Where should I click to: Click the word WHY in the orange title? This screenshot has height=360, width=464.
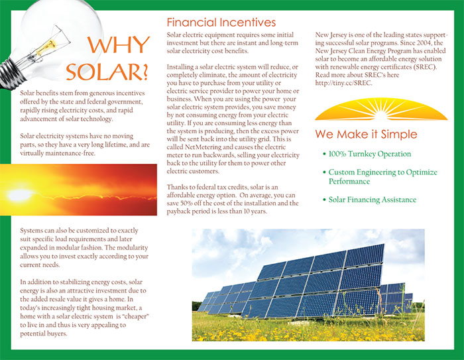pyautogui.click(x=119, y=44)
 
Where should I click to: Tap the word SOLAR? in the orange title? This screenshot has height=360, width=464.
pyautogui.click(x=107, y=72)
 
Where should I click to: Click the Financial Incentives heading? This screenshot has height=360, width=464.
pyautogui.click(x=221, y=22)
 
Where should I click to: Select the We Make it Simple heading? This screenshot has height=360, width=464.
pyautogui.click(x=366, y=134)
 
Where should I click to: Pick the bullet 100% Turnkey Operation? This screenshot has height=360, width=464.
pyautogui.click(x=367, y=154)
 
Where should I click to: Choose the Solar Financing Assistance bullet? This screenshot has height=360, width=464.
pyautogui.click(x=370, y=200)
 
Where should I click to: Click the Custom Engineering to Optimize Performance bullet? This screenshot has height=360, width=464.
pyautogui.click(x=380, y=176)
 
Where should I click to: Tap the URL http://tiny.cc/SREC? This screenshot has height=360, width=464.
pyautogui.click(x=343, y=83)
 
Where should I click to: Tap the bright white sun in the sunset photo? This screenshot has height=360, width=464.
pyautogui.click(x=20, y=194)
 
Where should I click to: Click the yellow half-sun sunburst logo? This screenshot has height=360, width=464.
pyautogui.click(x=381, y=109)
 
